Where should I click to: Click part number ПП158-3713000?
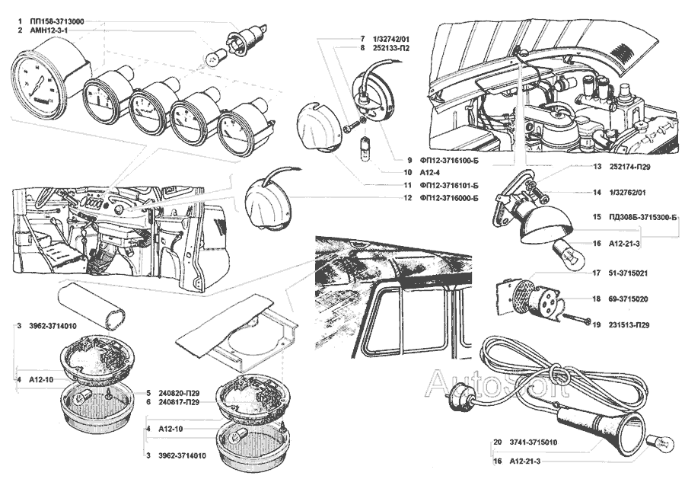pos(57,19)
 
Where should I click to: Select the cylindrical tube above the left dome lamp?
pos(92,305)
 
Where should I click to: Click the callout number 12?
pos(408,198)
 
